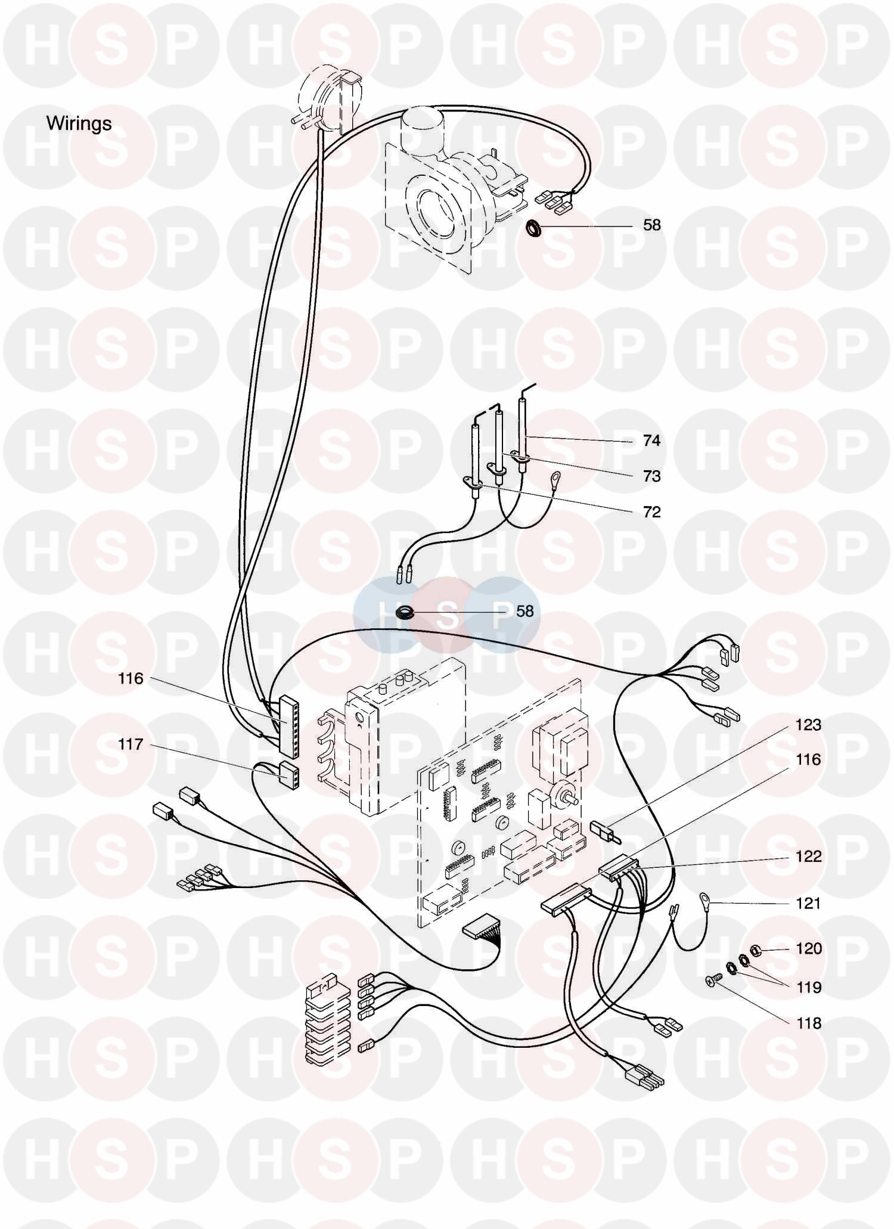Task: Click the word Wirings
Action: [x=79, y=123]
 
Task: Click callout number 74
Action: [x=651, y=440]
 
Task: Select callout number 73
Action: [x=651, y=476]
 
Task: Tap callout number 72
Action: [x=651, y=512]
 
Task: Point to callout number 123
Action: [x=808, y=725]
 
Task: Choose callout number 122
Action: [x=808, y=856]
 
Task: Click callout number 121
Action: [x=808, y=904]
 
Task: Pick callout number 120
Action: [x=808, y=948]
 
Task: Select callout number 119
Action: [x=808, y=988]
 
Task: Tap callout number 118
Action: [x=808, y=1023]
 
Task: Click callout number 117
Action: [x=131, y=744]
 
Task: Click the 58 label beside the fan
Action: [x=652, y=225]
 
